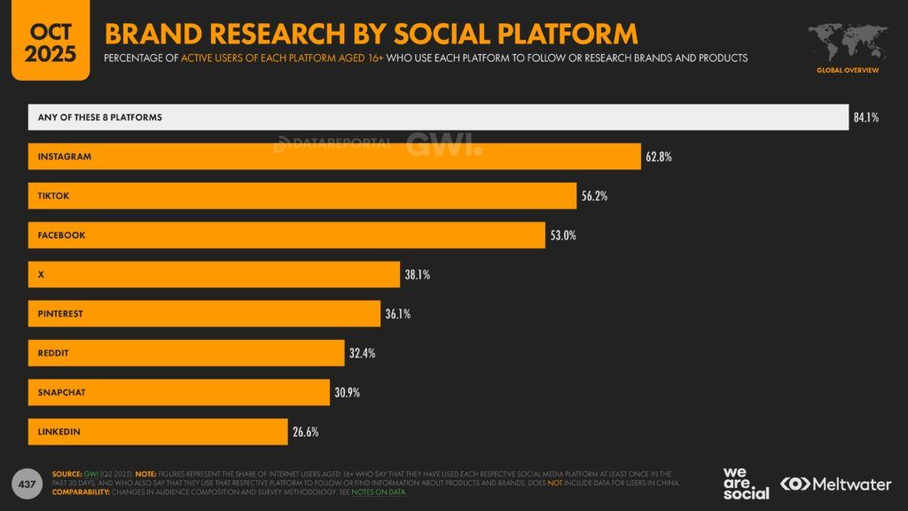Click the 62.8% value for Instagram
tap(659, 157)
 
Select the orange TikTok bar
tap(301, 196)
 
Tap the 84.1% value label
tap(865, 118)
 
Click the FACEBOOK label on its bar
tap(61, 235)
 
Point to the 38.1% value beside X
tap(417, 275)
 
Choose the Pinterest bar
tap(204, 314)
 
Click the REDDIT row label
tap(53, 353)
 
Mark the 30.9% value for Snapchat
tap(347, 392)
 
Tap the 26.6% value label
tap(305, 432)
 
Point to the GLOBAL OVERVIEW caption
tap(848, 70)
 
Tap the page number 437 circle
tap(27, 483)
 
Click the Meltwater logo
tap(837, 483)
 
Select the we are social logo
tap(746, 483)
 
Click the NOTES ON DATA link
tap(379, 492)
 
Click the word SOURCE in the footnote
tap(69, 475)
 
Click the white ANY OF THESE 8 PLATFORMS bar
tap(438, 117)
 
